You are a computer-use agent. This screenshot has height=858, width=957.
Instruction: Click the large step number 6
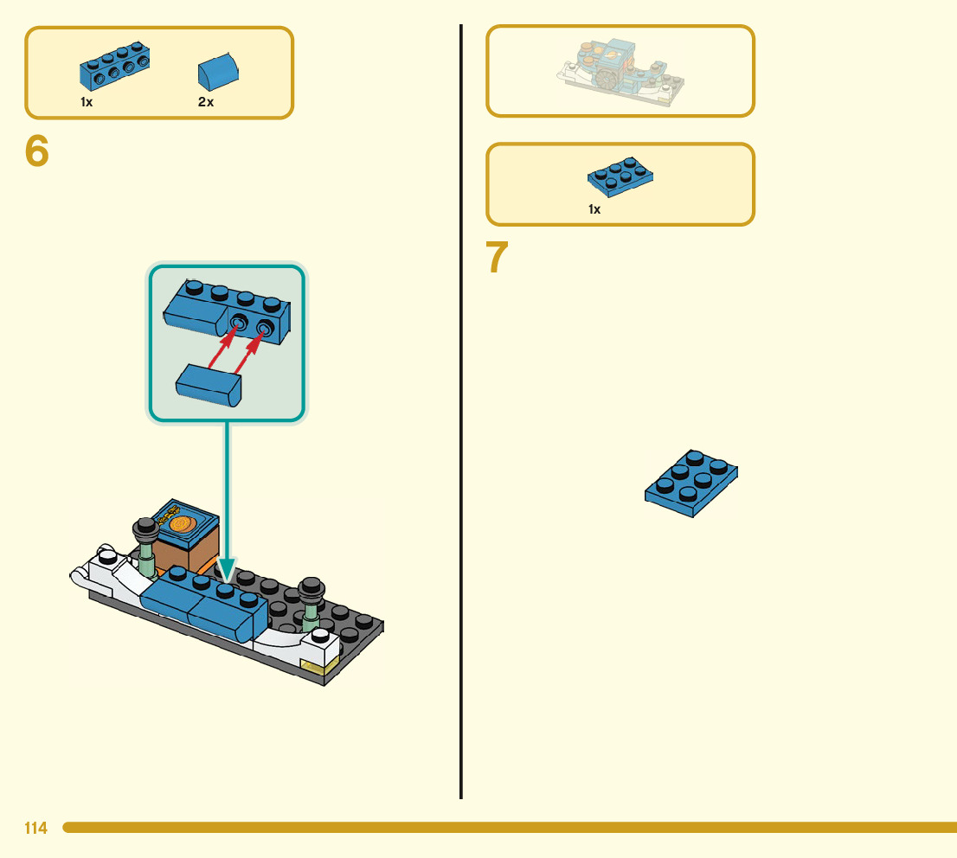pos(37,152)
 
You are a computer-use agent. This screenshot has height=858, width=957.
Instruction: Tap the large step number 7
pos(497,258)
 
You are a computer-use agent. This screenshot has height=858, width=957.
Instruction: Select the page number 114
pos(35,829)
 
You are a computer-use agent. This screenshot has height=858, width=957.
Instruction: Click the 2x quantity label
pos(206,102)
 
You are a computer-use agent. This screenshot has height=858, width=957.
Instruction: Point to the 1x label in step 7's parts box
pos(594,209)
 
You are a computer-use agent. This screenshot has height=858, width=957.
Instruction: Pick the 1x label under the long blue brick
pos(87,102)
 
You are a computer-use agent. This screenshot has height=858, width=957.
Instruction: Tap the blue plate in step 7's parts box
pos(620,176)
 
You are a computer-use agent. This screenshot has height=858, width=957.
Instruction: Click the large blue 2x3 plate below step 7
pos(692,483)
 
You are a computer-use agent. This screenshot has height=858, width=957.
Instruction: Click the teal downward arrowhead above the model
pos(227,568)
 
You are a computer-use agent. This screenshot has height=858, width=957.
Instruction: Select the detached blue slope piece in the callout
pos(209,384)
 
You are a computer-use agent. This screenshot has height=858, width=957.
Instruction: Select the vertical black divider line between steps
pos(461,411)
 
